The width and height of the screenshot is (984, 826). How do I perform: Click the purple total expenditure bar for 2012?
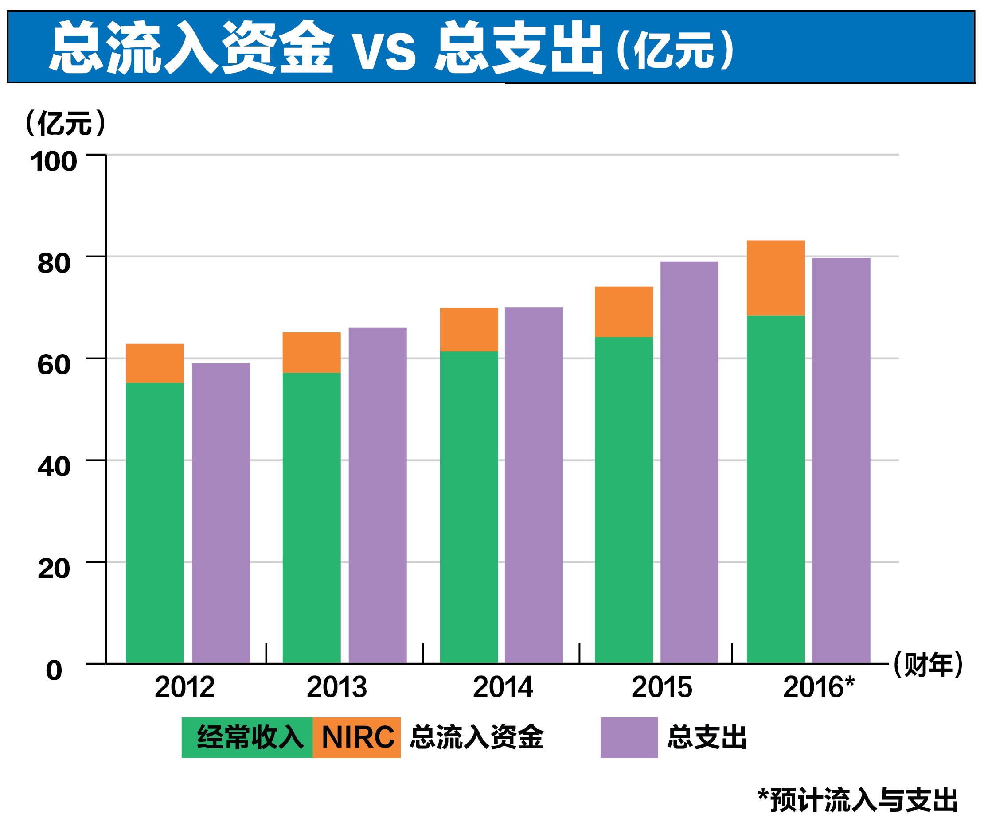click(221, 513)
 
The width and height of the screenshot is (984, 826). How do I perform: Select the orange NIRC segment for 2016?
click(776, 278)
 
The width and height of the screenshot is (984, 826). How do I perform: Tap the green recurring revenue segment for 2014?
click(469, 507)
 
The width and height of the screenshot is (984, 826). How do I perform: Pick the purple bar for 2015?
click(689, 463)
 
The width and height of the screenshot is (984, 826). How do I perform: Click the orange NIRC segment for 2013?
click(312, 353)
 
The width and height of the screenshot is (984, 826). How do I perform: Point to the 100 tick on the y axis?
click(54, 162)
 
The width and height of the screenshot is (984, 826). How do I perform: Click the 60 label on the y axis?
click(54, 365)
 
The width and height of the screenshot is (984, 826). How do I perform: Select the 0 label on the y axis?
click(54, 670)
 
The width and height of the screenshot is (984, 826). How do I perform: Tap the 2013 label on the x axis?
click(336, 687)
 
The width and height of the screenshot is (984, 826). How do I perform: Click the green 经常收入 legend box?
click(247, 737)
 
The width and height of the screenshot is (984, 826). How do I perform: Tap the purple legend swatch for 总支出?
click(629, 737)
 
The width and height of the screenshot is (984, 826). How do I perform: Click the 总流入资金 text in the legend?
click(476, 737)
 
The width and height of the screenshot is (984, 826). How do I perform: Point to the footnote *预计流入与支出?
click(857, 800)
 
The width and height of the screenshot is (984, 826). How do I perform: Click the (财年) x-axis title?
click(927, 664)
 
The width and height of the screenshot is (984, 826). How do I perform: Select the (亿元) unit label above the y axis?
click(65, 123)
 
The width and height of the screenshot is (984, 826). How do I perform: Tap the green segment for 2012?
click(155, 522)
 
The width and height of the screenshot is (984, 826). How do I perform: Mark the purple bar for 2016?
click(841, 460)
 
